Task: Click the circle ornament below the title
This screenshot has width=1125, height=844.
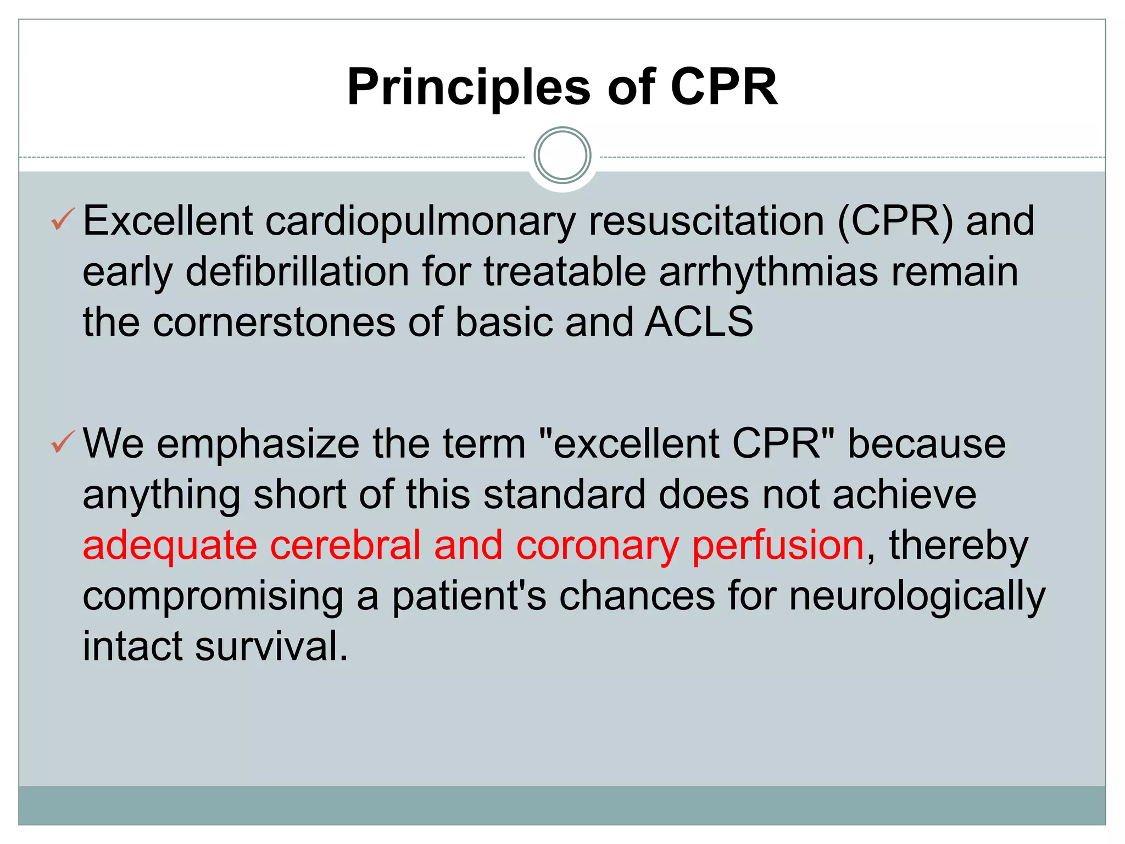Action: [x=562, y=156]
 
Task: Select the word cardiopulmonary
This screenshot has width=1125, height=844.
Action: [x=420, y=221]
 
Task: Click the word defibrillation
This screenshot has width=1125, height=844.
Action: [x=297, y=272]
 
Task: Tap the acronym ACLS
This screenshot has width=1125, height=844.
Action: [x=699, y=323]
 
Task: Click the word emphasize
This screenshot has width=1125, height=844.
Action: [x=258, y=444]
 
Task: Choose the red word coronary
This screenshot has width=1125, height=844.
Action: [x=597, y=545]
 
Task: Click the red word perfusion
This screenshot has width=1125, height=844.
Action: [x=778, y=545]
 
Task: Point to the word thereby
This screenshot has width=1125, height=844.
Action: [x=959, y=545]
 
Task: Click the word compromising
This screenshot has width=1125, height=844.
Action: [x=213, y=596]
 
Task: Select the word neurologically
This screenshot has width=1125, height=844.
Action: [x=917, y=596]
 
